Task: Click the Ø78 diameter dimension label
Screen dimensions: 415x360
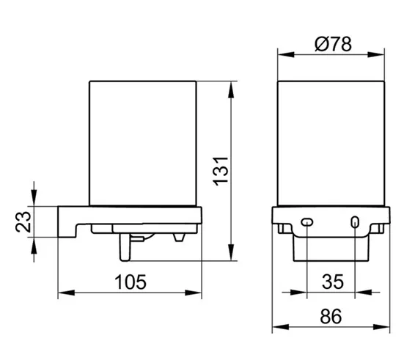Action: click(x=333, y=44)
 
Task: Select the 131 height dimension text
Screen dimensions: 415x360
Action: click(x=221, y=172)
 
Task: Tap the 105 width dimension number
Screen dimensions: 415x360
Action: click(x=131, y=282)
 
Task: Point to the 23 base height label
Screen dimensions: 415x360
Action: click(x=23, y=222)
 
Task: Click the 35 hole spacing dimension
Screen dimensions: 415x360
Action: click(x=333, y=282)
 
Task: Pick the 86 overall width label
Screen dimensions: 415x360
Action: click(x=331, y=316)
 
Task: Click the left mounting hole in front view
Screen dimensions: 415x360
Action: click(x=307, y=222)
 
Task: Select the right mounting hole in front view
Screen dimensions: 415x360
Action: click(x=355, y=222)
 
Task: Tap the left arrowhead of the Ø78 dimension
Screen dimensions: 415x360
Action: click(x=286, y=55)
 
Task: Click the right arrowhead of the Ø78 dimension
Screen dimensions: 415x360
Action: click(x=376, y=55)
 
